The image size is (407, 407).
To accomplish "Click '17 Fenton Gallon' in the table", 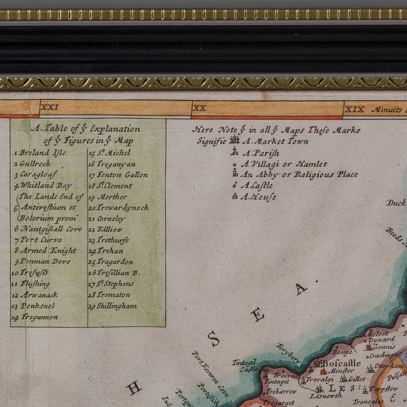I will tap(118, 174).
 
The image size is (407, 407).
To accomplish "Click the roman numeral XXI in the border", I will tap(50, 107).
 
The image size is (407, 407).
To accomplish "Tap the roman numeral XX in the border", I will tap(199, 108).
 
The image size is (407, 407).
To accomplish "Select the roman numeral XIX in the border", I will tap(354, 109).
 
